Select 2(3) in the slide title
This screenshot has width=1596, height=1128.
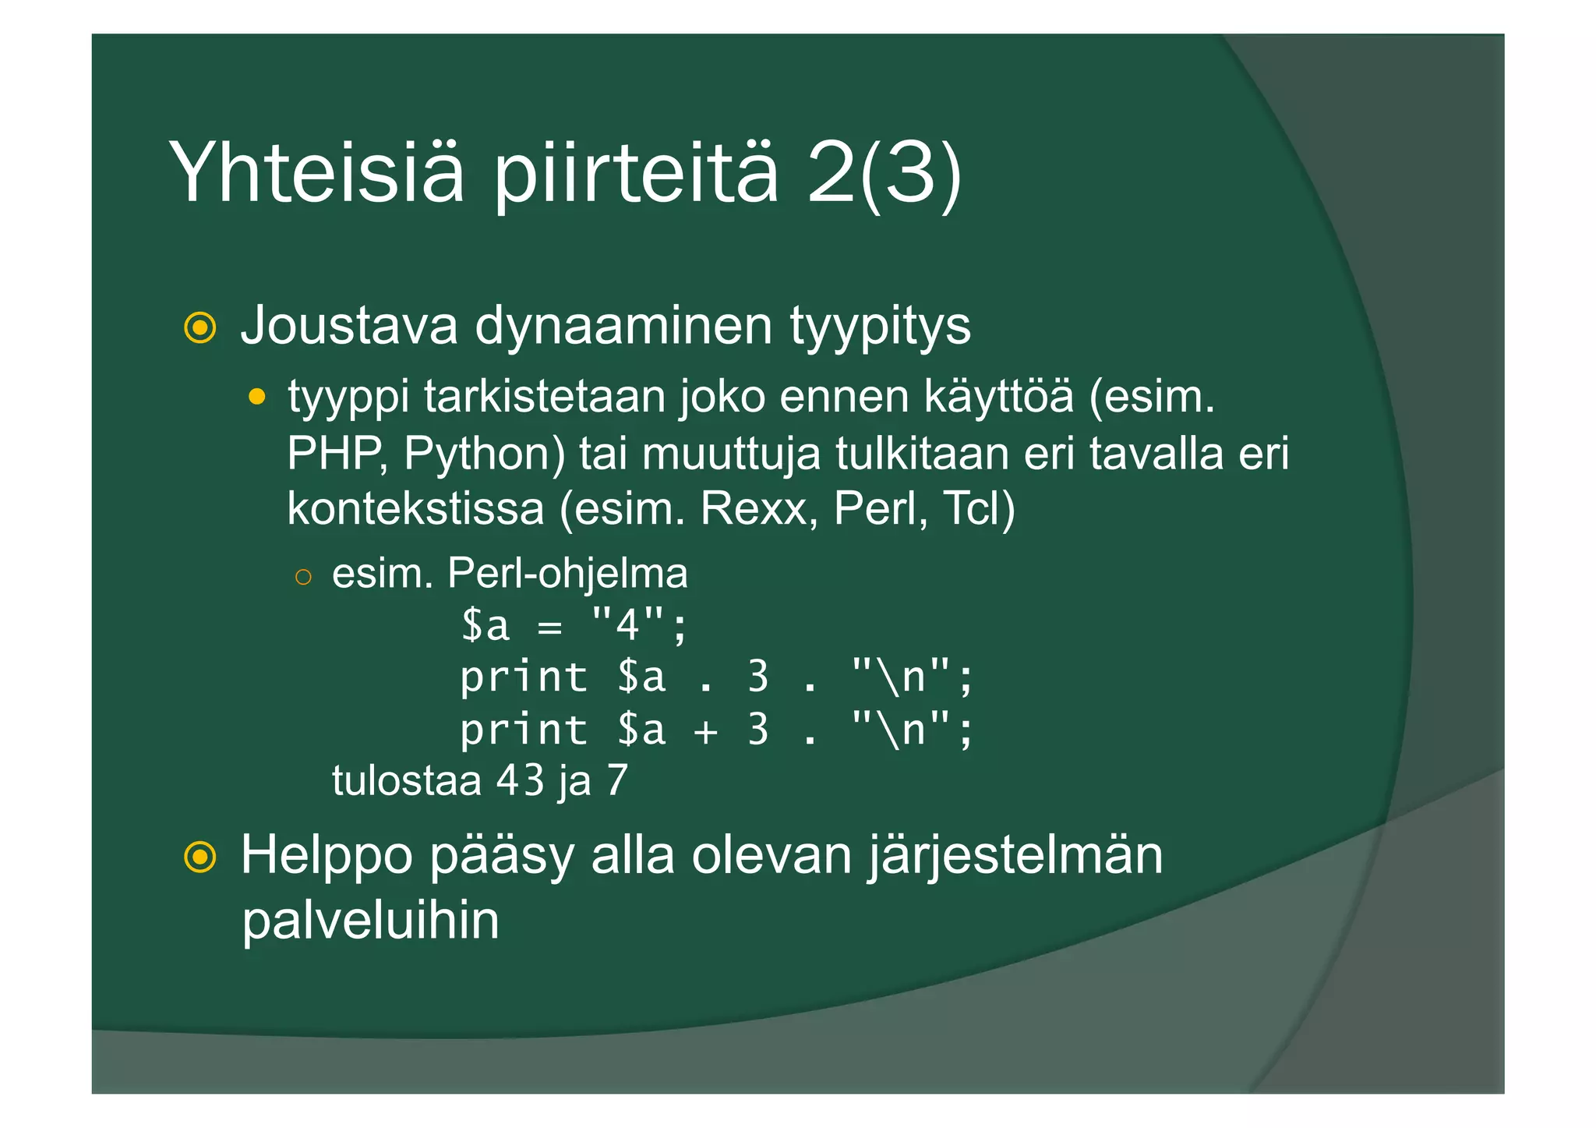pyautogui.click(x=884, y=173)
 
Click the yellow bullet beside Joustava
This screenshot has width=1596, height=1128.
pyautogui.click(x=200, y=327)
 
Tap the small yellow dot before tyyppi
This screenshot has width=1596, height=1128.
pyautogui.click(x=256, y=398)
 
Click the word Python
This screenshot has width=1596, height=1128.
pyautogui.click(x=484, y=454)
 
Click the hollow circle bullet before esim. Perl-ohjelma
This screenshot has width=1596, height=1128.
pyautogui.click(x=303, y=577)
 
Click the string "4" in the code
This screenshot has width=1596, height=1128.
pyautogui.click(x=628, y=624)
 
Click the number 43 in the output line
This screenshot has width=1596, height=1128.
pyautogui.click(x=520, y=780)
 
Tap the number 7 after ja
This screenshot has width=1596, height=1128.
pyautogui.click(x=616, y=780)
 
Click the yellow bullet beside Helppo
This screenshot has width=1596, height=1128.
pyautogui.click(x=200, y=857)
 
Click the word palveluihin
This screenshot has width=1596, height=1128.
pyautogui.click(x=370, y=921)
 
